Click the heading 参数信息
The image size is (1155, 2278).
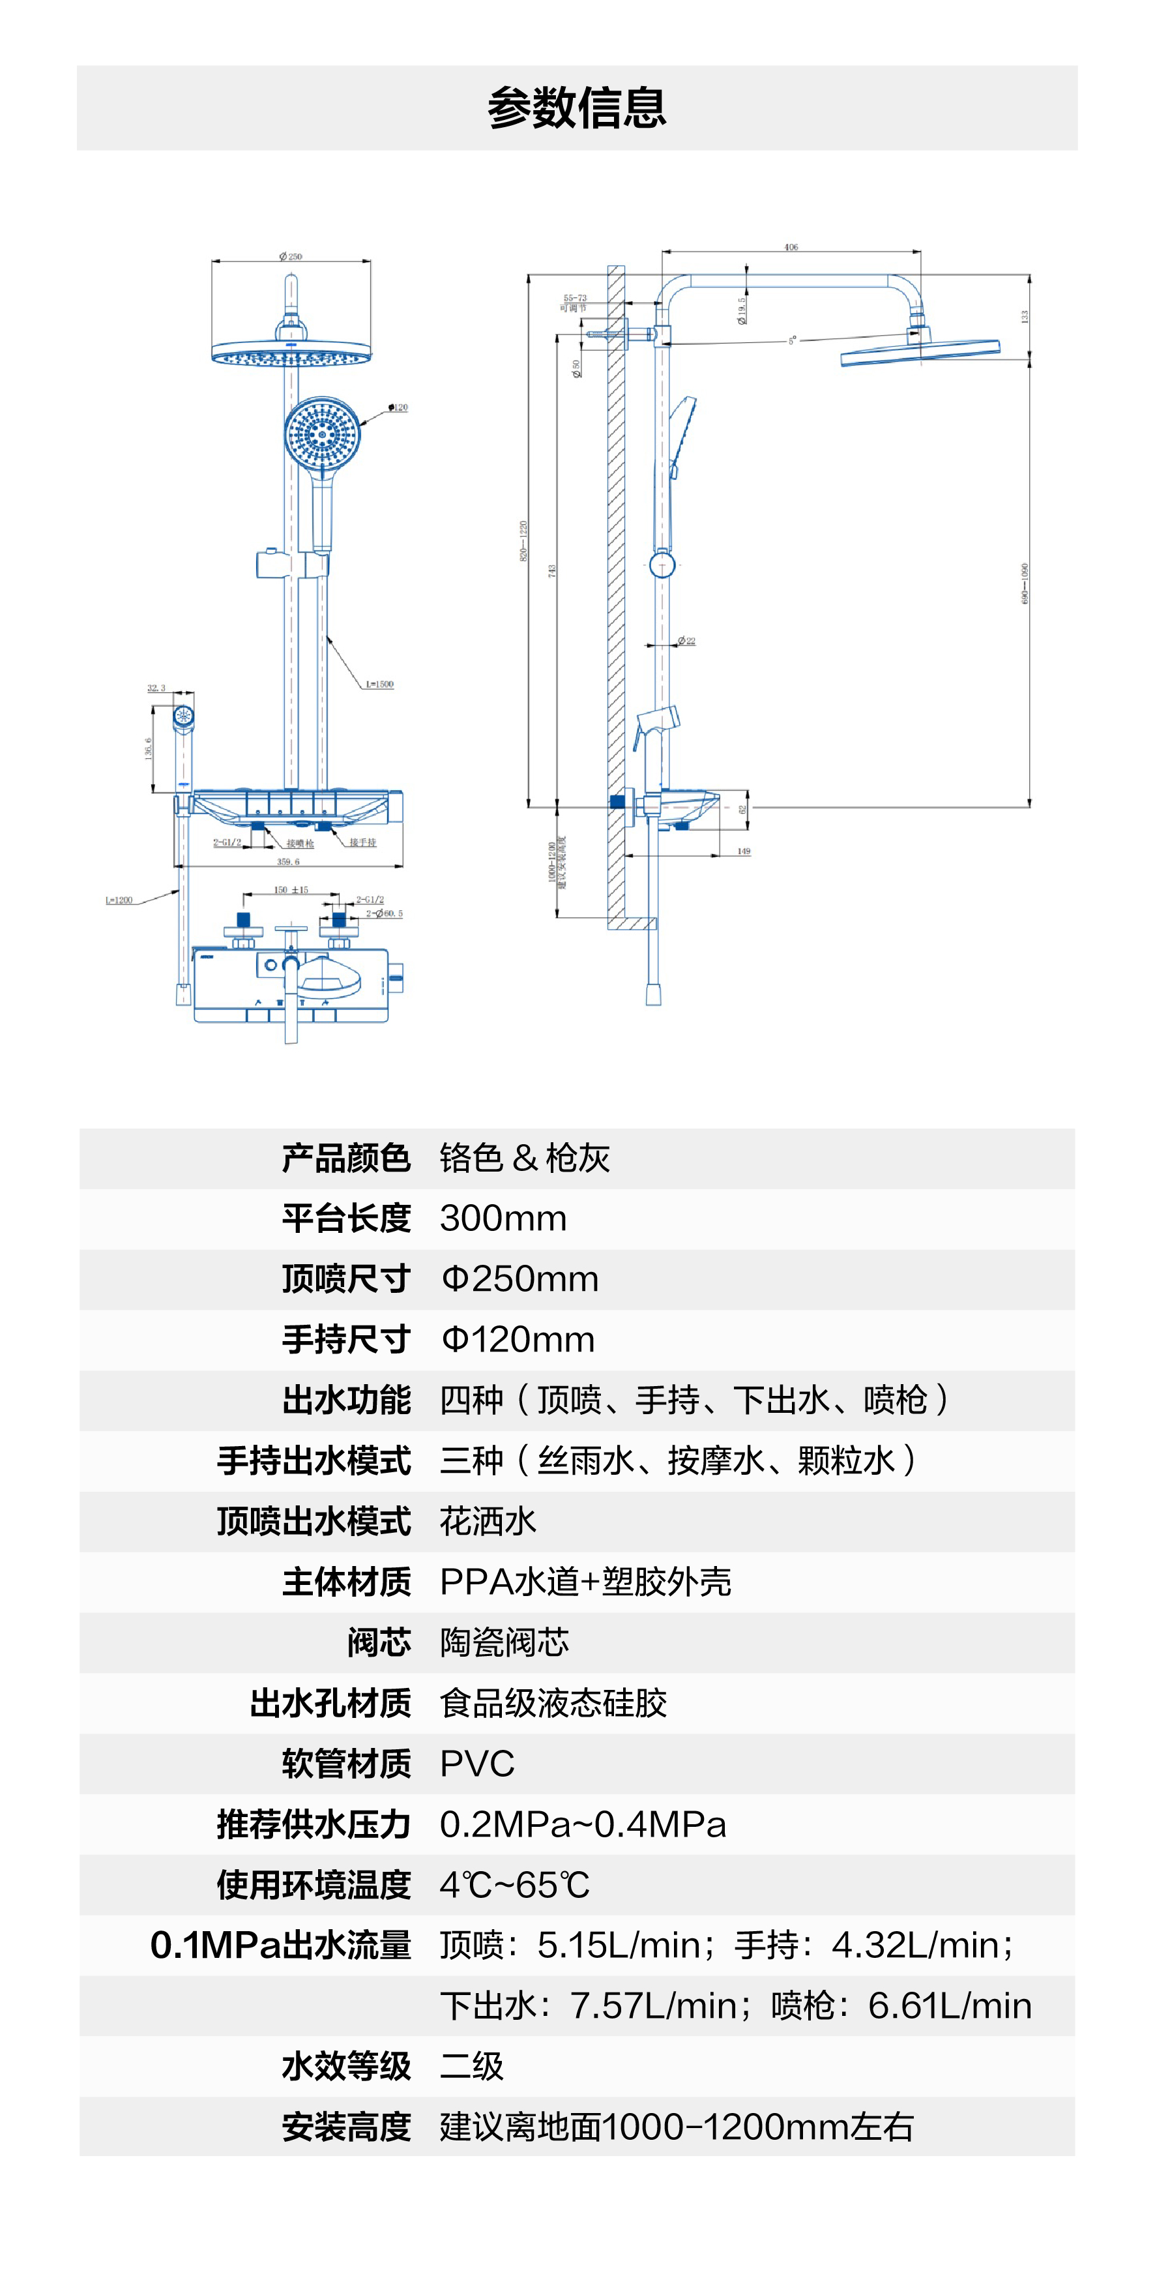click(577, 108)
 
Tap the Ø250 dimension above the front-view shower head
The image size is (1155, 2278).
click(290, 256)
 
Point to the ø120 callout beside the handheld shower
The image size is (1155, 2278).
click(398, 407)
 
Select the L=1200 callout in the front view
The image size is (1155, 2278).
click(119, 900)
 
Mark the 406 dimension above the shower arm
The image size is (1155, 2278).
click(791, 248)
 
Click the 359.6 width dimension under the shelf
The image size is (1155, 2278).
click(288, 861)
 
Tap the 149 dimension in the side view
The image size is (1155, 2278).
click(744, 851)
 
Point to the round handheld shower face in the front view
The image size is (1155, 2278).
click(323, 434)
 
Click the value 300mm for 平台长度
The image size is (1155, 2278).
click(503, 1219)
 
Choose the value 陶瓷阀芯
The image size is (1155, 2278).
click(504, 1643)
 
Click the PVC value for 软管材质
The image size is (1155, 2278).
click(478, 1764)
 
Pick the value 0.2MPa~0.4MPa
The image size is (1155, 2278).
click(583, 1824)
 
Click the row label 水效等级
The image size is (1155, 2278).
click(346, 2067)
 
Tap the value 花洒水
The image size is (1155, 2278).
click(488, 1522)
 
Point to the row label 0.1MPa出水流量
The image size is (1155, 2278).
click(281, 1945)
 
